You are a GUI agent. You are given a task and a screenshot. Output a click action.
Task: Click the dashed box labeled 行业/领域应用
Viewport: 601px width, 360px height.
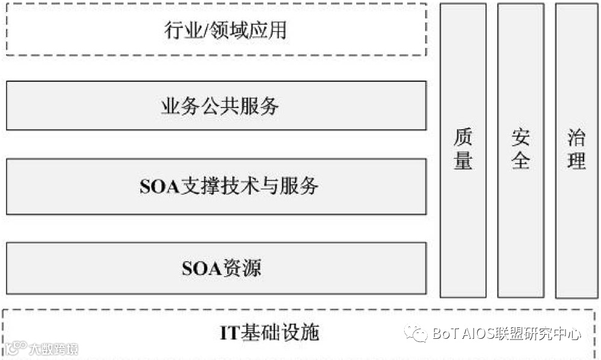tap(216, 30)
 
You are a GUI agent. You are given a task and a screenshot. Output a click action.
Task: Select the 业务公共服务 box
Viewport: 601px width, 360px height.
tap(216, 106)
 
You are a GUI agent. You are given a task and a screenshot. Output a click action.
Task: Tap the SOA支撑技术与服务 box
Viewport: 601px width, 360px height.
tap(216, 186)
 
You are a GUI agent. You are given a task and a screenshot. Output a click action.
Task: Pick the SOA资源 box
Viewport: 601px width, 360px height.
tap(216, 268)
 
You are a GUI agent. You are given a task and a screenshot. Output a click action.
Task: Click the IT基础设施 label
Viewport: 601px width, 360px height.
tap(269, 333)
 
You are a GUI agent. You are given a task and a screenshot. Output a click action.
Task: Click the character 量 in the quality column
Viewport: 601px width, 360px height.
tap(463, 161)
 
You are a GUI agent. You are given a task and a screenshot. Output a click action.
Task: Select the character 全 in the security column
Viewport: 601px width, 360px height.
tap(521, 161)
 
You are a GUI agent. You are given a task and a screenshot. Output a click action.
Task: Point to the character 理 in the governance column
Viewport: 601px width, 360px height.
tap(576, 161)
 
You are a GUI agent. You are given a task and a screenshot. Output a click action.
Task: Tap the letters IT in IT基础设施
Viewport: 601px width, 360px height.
tap(230, 333)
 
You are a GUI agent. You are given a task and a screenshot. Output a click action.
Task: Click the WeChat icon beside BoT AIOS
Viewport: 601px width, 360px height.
tap(416, 333)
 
